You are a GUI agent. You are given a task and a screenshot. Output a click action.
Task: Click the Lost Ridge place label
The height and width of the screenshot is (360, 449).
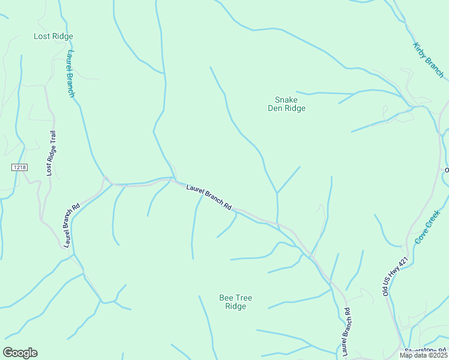(x=53, y=37)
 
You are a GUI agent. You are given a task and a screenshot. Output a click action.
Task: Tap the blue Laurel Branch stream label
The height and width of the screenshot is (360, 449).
(x=70, y=74)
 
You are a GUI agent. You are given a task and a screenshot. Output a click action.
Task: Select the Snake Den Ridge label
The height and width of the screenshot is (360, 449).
(x=286, y=104)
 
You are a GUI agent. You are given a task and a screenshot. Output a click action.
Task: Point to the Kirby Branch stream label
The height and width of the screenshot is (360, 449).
(x=428, y=60)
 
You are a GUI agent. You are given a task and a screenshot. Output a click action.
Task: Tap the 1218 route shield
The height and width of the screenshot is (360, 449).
(x=19, y=167)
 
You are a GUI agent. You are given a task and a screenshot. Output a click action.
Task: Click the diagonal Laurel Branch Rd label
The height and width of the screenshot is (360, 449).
(x=209, y=196)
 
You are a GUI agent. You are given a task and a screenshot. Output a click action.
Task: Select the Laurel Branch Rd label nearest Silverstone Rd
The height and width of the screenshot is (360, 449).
(x=346, y=332)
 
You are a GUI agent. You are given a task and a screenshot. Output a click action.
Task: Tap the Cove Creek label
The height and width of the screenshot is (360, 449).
(x=427, y=226)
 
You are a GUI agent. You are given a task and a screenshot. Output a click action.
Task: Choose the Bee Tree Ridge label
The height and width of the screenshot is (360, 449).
(x=235, y=302)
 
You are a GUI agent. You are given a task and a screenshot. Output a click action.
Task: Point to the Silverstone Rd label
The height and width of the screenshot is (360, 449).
(x=425, y=350)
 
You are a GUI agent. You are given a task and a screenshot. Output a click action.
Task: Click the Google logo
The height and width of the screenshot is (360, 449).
(x=20, y=353)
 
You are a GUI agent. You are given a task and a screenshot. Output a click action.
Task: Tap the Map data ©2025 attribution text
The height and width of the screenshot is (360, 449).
(x=423, y=355)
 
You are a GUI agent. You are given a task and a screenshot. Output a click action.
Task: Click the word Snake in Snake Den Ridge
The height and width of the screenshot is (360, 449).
(x=286, y=100)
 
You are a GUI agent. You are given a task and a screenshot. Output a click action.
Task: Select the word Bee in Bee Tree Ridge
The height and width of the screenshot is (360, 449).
(x=226, y=298)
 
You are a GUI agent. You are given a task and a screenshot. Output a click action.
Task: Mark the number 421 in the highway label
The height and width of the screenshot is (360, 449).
(x=403, y=262)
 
